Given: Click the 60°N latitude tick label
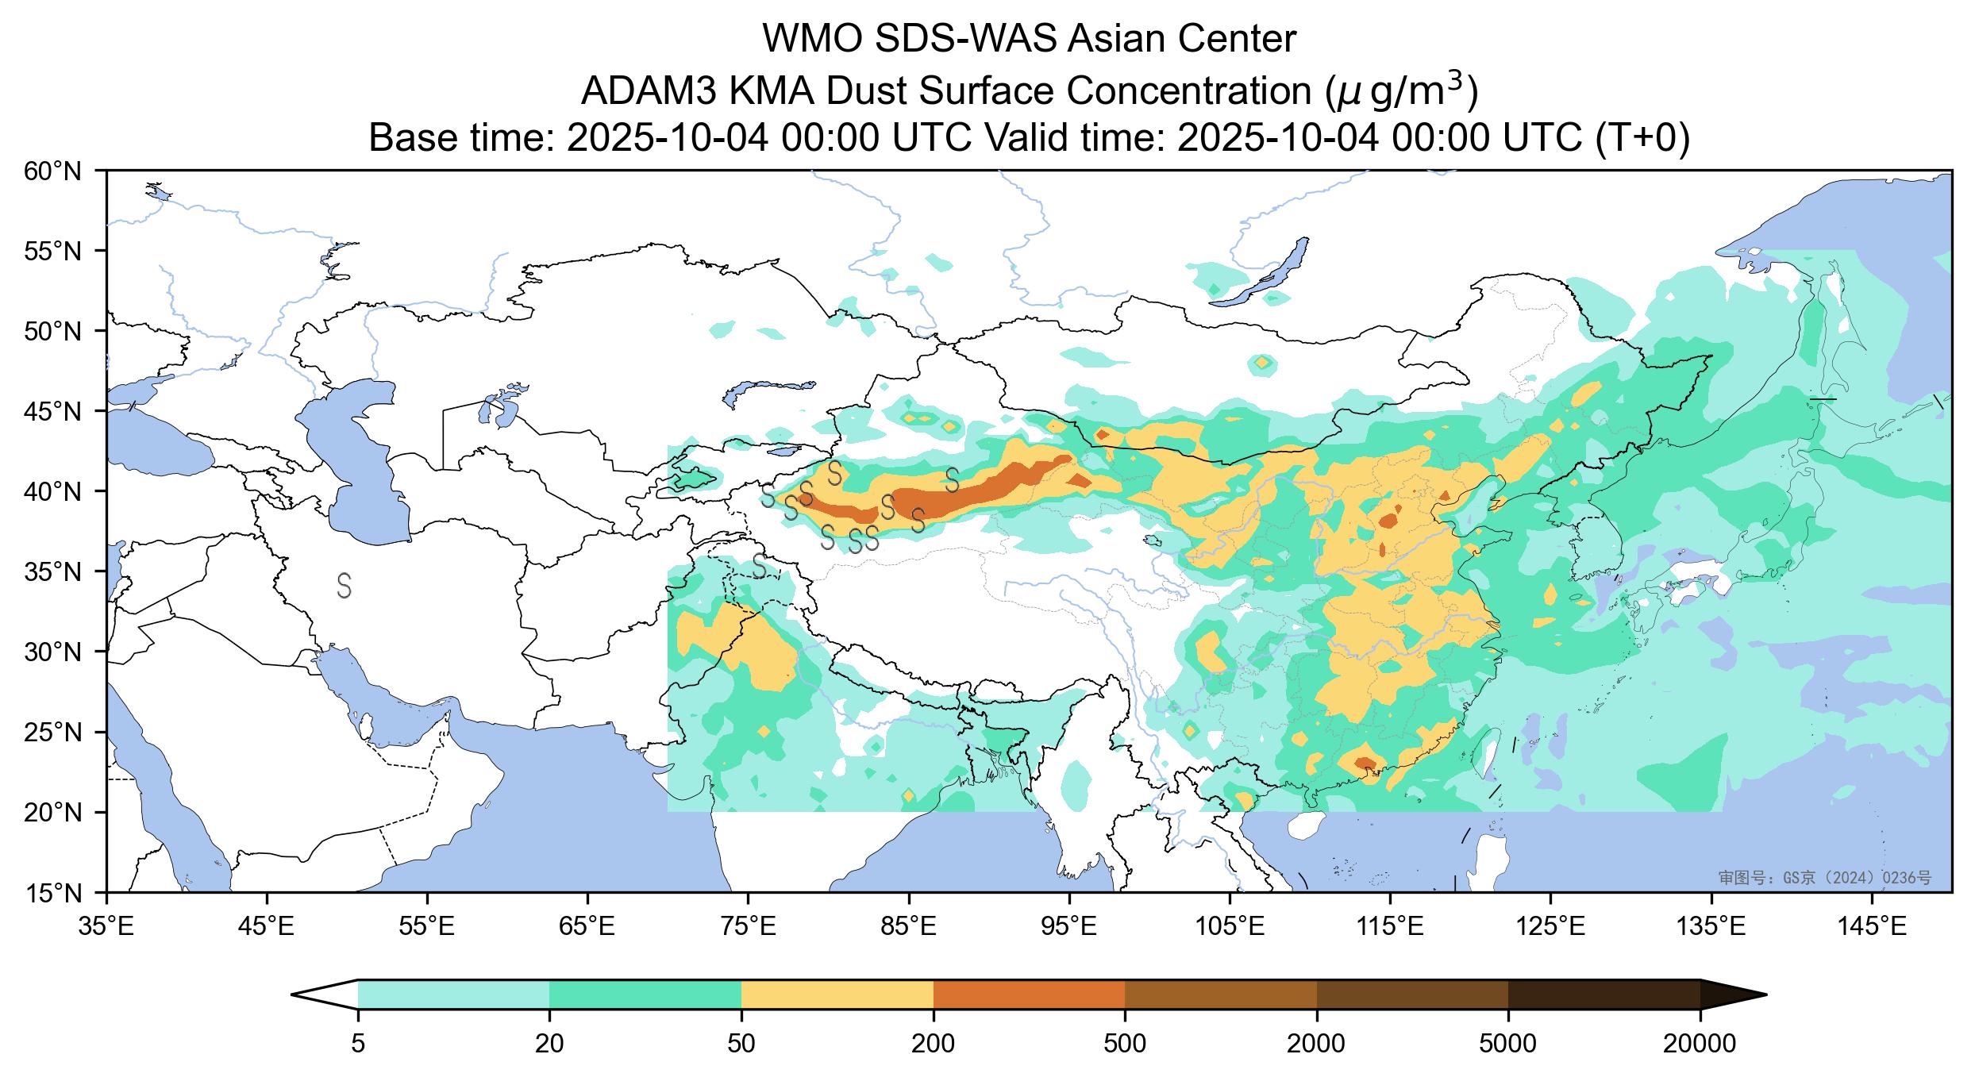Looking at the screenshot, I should coord(54,171).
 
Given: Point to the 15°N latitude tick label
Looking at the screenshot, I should coord(54,894).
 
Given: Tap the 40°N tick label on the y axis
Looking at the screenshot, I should coord(54,491).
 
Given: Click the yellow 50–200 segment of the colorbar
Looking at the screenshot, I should coord(837,994).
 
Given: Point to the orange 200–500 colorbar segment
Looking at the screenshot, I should coord(1029,994).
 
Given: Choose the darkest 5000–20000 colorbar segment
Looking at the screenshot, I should coord(1603,994).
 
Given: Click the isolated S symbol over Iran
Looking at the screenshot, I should coord(344,585).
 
